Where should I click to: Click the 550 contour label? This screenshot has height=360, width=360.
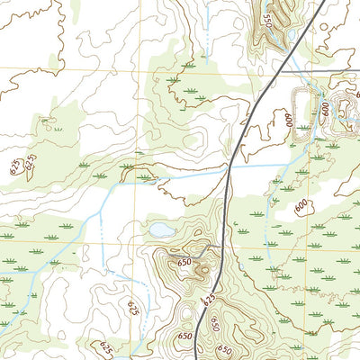(266, 17)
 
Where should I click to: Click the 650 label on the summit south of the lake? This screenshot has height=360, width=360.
(185, 262)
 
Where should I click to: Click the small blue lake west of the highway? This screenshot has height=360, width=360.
(163, 231)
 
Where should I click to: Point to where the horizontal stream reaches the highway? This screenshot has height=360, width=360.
(227, 175)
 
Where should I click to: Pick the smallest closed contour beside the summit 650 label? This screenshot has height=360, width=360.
(203, 267)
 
